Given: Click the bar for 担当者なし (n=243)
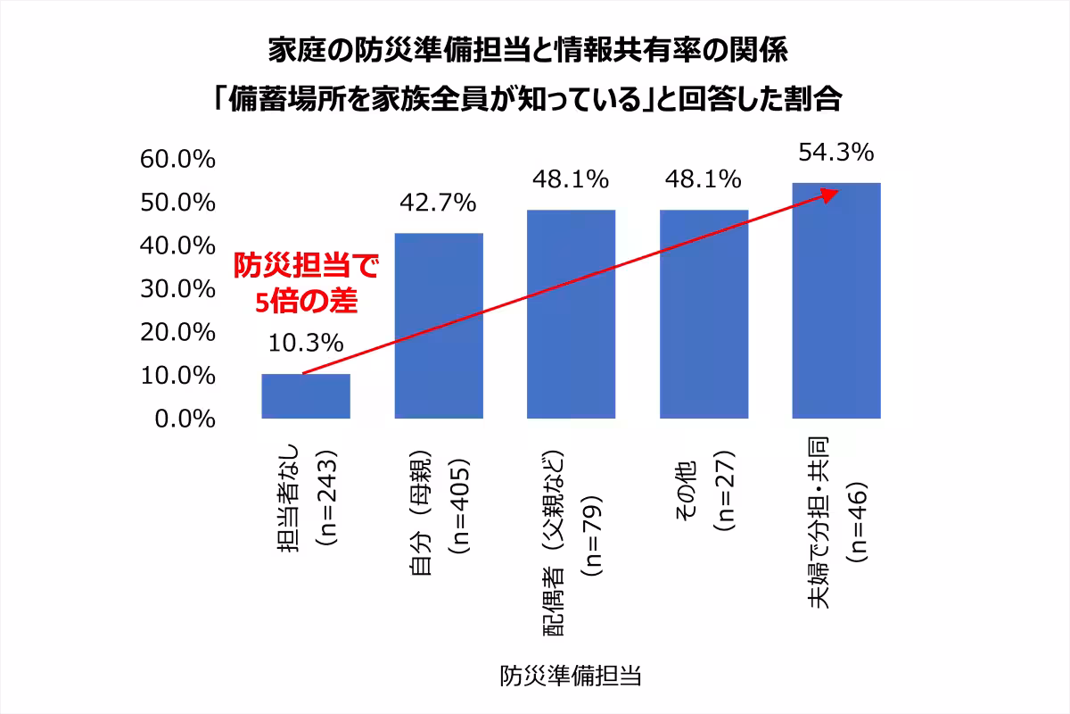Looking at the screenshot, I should tap(305, 396).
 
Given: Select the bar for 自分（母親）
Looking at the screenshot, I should tap(439, 326).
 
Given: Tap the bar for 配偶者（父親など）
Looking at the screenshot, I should tap(571, 314).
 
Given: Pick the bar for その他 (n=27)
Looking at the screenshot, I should tap(704, 314).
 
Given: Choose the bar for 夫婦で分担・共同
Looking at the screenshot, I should tap(836, 301).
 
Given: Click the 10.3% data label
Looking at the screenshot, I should tap(305, 343).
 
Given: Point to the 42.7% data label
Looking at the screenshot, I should tap(439, 204).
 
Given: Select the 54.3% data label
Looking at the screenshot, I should tap(835, 153).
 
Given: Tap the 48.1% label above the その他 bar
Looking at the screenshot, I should tap(704, 179).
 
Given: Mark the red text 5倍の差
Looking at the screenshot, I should tap(306, 302).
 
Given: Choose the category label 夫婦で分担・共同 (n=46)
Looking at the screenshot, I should tap(836, 523).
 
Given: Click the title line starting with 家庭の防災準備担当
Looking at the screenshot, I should tap(528, 50).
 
